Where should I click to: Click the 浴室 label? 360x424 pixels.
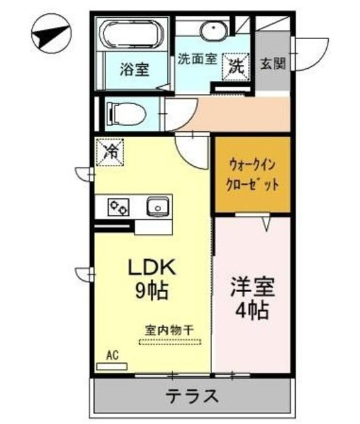134,68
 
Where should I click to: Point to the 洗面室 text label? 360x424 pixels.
197,58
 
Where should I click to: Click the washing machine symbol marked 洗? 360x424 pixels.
235,64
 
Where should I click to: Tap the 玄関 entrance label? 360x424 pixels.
272,64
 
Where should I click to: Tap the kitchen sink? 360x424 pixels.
158,207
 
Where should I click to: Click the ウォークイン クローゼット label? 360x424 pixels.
253,175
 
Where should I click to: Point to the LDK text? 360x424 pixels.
152,268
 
